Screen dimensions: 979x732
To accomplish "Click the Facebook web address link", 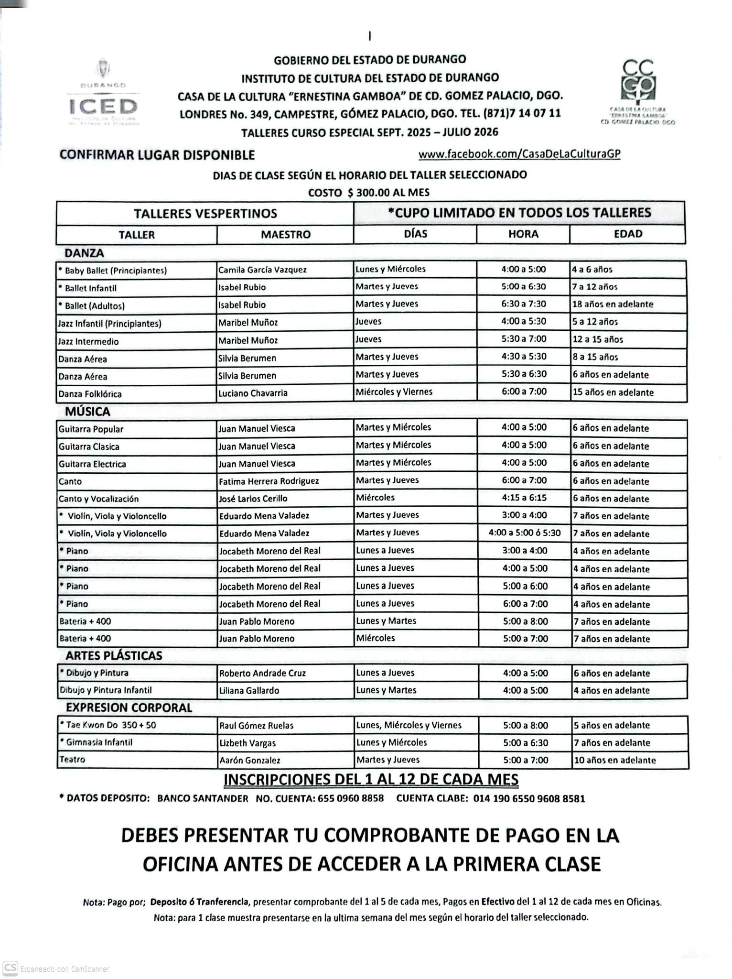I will (519, 154).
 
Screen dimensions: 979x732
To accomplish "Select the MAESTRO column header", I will (285, 235).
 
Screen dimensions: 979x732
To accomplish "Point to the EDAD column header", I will (628, 234).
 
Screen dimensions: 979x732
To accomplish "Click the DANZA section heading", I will (84, 253).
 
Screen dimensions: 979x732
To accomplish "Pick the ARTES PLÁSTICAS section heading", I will (114, 655).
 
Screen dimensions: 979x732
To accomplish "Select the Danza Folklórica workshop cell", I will (90, 394).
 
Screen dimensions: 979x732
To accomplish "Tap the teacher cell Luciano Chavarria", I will (253, 393).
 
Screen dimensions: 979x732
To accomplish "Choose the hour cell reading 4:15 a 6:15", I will (524, 498).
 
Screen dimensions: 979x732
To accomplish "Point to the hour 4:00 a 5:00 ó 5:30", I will (524, 533).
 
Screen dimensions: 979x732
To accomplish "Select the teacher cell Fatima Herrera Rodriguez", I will (269, 481).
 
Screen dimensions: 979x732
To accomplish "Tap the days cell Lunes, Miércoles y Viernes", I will (409, 725).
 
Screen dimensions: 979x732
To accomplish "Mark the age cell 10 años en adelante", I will (614, 760).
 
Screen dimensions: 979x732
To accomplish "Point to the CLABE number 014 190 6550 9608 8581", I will (529, 798).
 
